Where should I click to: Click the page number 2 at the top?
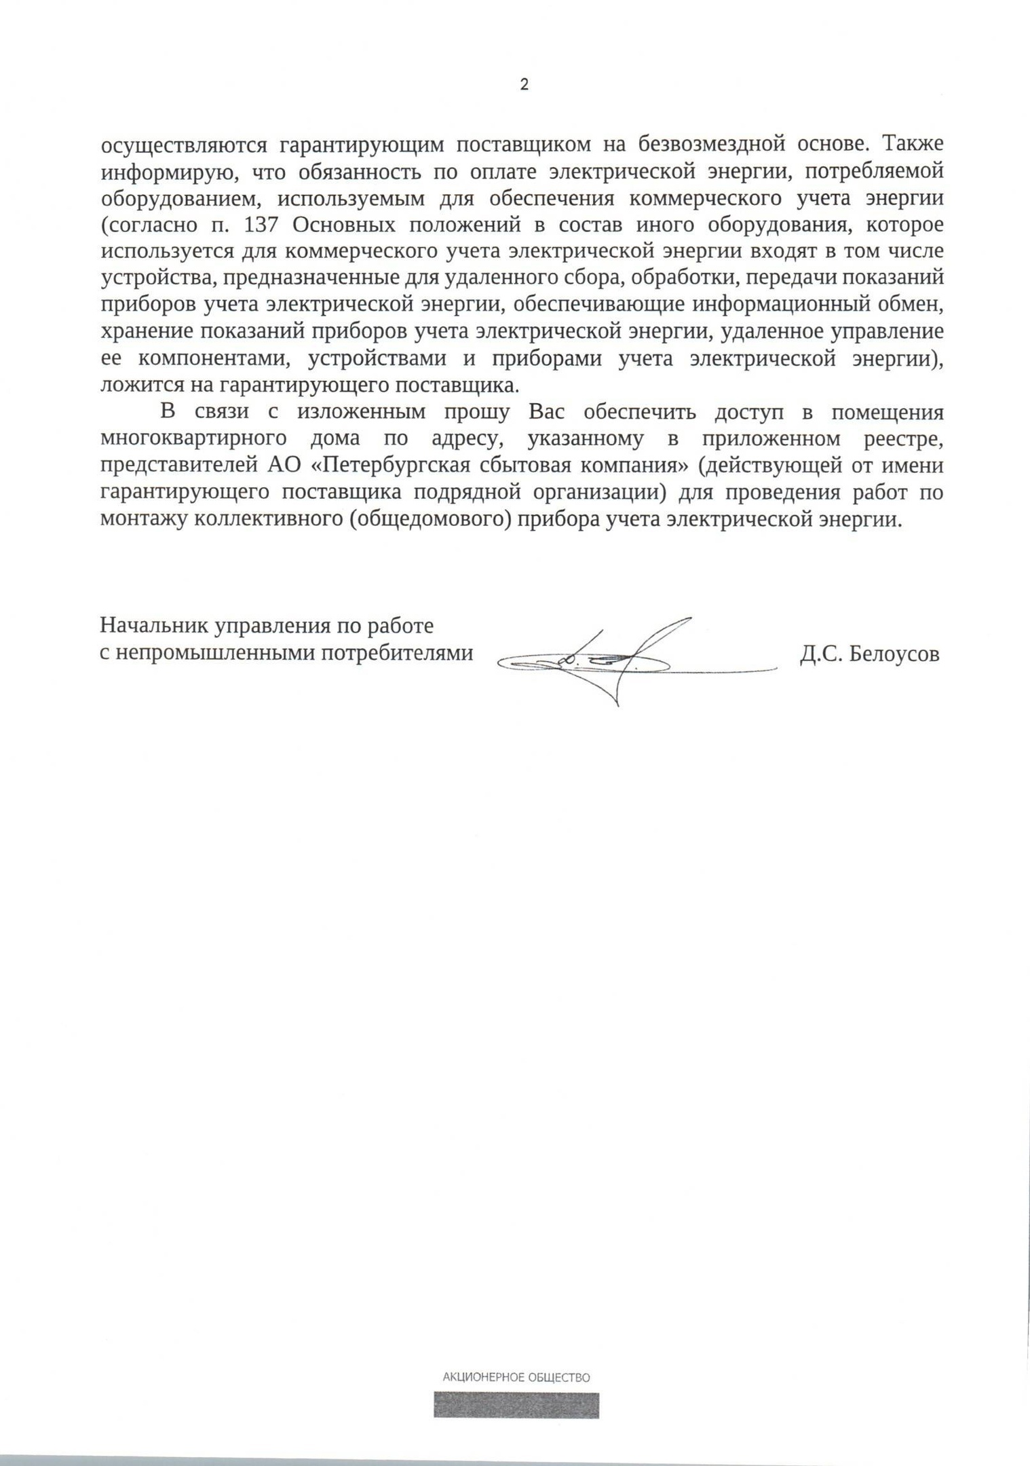click(x=524, y=85)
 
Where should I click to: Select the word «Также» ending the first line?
click(x=913, y=144)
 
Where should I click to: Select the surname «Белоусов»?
click(x=894, y=654)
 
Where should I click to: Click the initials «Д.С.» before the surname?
click(x=822, y=654)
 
